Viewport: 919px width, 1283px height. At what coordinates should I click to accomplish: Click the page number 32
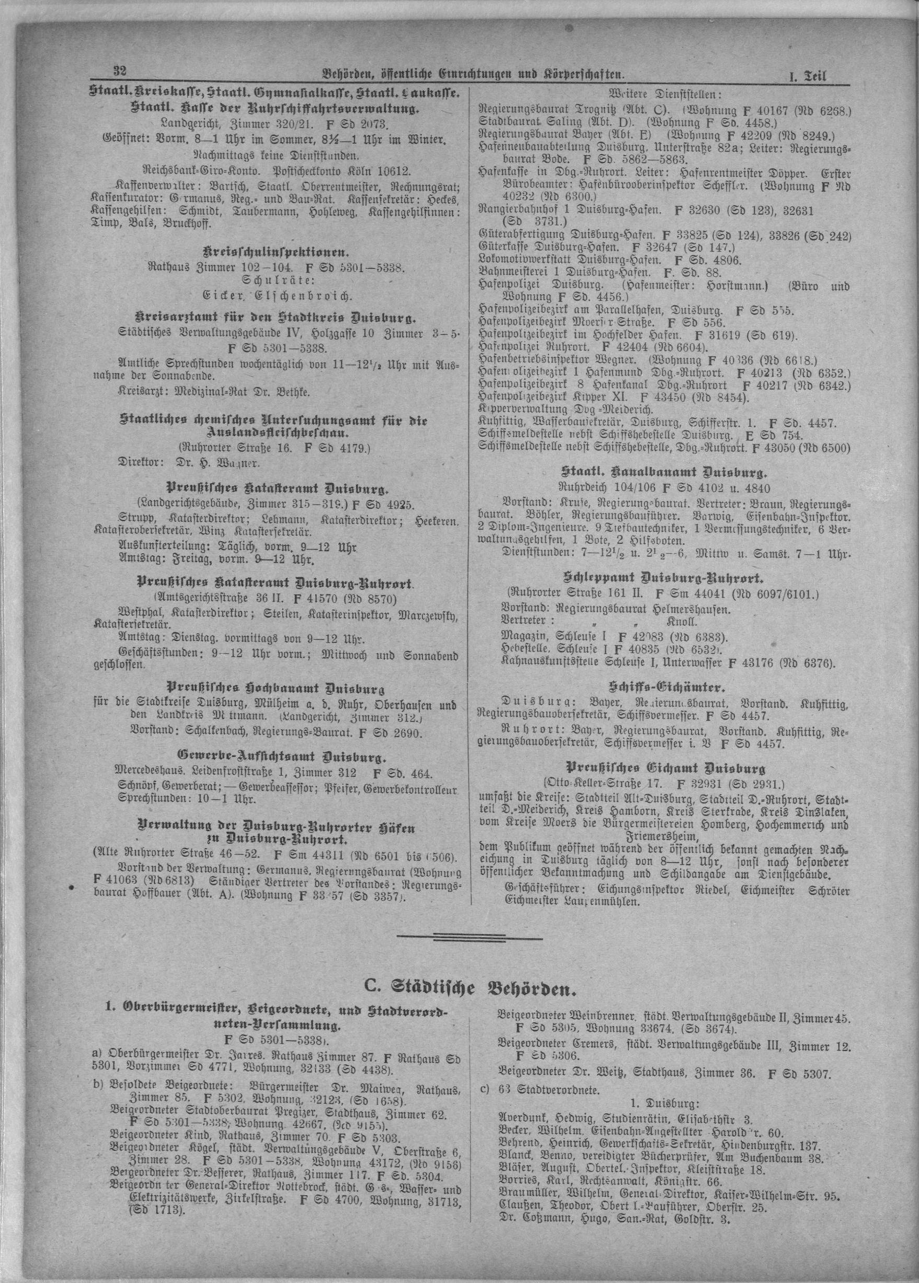(119, 72)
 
